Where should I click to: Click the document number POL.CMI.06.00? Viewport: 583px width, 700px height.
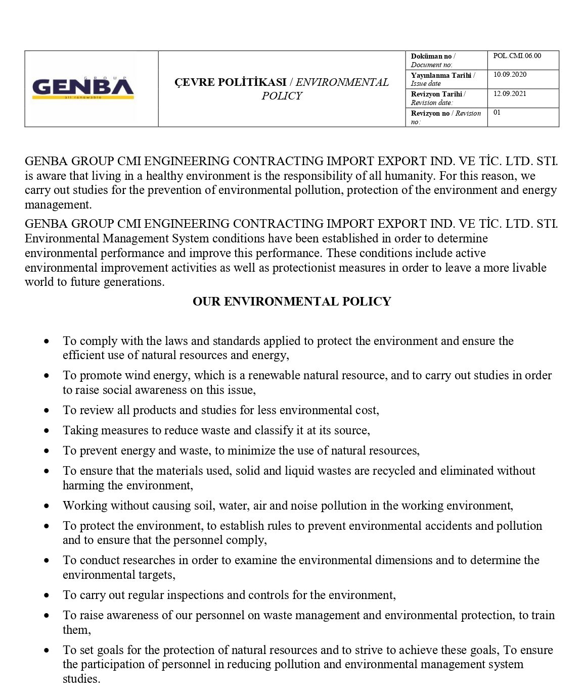pyautogui.click(x=517, y=56)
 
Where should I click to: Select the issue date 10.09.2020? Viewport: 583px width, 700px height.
pyautogui.click(x=510, y=75)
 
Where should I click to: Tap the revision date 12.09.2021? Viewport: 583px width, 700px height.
pyautogui.click(x=510, y=93)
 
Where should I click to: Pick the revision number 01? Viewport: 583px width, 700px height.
pyautogui.click(x=497, y=112)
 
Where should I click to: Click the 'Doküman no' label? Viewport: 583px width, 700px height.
pyautogui.click(x=431, y=56)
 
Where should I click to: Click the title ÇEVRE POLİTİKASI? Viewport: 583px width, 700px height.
pyautogui.click(x=231, y=82)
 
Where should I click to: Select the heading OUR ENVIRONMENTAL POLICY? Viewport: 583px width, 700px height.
pyautogui.click(x=292, y=302)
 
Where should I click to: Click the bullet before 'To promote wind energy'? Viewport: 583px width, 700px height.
pyautogui.click(x=47, y=376)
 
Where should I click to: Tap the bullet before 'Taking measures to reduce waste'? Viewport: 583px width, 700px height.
pyautogui.click(x=47, y=431)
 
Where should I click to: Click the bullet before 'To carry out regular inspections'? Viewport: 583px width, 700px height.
pyautogui.click(x=47, y=595)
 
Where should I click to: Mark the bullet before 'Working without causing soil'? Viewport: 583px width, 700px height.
pyautogui.click(x=47, y=506)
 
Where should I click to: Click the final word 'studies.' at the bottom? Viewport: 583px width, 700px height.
pyautogui.click(x=81, y=679)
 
